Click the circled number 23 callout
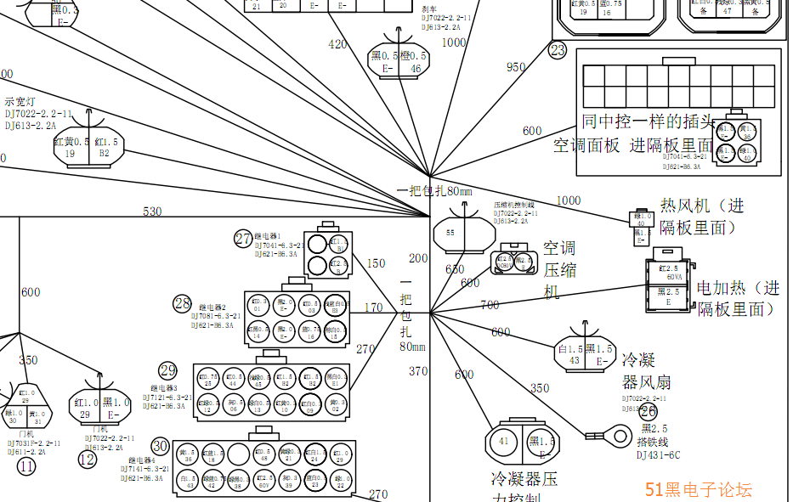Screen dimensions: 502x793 coord(557,51)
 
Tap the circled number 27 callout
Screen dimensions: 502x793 coord(244,239)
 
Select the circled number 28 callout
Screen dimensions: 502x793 coord(182,303)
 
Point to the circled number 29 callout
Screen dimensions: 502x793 coord(167,370)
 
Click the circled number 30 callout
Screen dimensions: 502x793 coord(161,446)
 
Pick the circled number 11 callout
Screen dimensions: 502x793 coord(26,465)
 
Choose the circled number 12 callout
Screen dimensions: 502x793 coord(88,460)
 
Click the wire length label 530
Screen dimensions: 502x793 coord(152,212)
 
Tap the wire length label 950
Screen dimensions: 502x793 coord(516,67)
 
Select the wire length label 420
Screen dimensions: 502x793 coord(337,44)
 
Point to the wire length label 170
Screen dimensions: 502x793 coord(373,307)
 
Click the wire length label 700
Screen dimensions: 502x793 coord(490,305)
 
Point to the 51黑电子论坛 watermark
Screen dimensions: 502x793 coord(699,489)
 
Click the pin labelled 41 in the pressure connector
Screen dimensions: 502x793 coord(503,441)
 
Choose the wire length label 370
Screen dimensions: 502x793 coord(418,371)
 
